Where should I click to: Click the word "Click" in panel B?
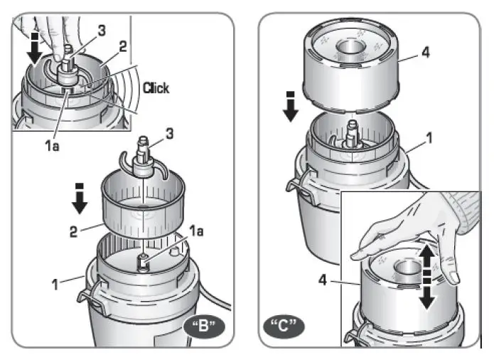[156, 88]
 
